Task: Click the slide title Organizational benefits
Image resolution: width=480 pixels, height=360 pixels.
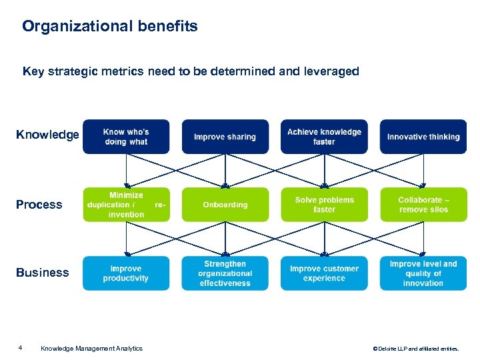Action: [110, 27]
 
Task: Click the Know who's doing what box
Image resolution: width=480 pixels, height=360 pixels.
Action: [126, 137]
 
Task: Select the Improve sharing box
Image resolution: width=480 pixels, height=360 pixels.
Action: [225, 137]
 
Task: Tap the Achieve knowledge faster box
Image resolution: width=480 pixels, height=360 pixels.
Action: [324, 137]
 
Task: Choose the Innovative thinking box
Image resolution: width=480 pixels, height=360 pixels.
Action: [423, 137]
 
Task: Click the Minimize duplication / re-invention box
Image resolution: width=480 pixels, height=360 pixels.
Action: [126, 205]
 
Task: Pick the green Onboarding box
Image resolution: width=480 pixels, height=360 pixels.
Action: [225, 205]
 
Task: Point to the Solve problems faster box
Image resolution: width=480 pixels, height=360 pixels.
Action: [324, 205]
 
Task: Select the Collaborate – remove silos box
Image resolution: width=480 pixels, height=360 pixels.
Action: [423, 205]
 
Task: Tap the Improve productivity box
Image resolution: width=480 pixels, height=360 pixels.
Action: [126, 273]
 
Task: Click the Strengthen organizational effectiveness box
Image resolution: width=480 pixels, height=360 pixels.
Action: [225, 273]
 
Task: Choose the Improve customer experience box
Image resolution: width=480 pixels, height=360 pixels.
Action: [324, 273]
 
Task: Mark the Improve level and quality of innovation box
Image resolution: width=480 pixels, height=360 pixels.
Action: [423, 273]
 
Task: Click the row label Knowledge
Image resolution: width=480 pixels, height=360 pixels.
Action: [47, 135]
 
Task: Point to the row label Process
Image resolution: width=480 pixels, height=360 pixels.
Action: [39, 205]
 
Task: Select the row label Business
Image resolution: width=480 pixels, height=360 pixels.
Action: [42, 273]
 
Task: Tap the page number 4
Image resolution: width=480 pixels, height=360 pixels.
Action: [21, 347]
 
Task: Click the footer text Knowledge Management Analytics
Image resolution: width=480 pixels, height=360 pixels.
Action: [91, 348]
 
